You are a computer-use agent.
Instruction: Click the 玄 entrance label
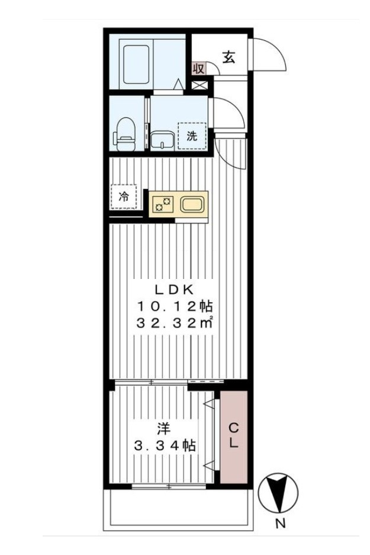229,57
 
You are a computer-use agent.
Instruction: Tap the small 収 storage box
199,68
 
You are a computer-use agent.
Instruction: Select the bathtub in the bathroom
136,65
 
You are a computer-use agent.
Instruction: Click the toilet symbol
124,134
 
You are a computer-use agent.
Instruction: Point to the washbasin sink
162,140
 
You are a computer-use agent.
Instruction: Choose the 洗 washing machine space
192,136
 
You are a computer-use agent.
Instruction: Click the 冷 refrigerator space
124,197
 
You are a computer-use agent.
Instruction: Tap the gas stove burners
162,204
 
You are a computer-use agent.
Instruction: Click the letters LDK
175,290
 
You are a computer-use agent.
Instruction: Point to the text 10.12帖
175,306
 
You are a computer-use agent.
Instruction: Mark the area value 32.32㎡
175,322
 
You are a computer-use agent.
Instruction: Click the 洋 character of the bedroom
164,429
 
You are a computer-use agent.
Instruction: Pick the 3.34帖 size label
165,445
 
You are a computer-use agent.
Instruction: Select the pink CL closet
233,437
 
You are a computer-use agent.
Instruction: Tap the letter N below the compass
281,524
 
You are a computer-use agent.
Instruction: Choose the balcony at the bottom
178,510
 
